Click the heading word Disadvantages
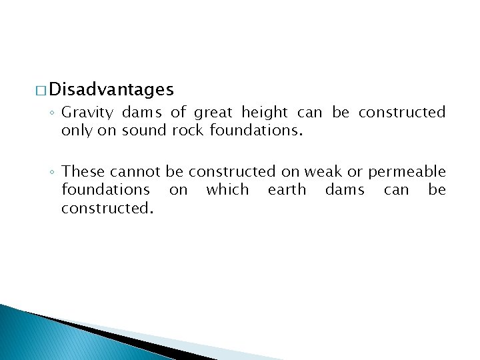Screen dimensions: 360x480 [x=111, y=89]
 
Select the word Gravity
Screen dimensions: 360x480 [x=87, y=112]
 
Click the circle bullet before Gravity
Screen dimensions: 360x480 [x=53, y=113]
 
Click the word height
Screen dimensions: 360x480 [x=264, y=112]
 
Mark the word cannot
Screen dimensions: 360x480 [x=136, y=172]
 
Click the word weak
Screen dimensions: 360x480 [x=321, y=172]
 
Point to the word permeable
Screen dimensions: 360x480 [x=407, y=172]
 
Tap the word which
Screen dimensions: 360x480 [x=227, y=190]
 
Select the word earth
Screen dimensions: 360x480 [x=287, y=190]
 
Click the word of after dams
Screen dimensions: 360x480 [x=178, y=112]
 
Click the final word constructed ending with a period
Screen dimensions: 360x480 [x=107, y=208]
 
